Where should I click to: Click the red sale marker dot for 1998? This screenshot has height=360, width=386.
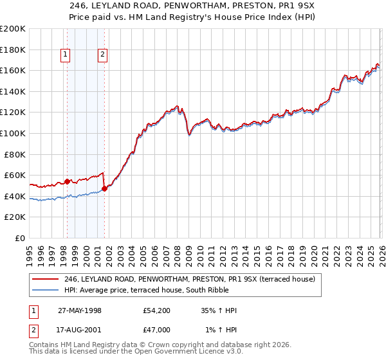68,181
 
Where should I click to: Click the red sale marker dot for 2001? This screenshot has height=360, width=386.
104,189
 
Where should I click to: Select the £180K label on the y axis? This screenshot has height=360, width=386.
13,50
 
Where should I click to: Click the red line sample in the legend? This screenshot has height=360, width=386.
46,279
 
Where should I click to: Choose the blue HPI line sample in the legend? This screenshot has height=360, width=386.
46,290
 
